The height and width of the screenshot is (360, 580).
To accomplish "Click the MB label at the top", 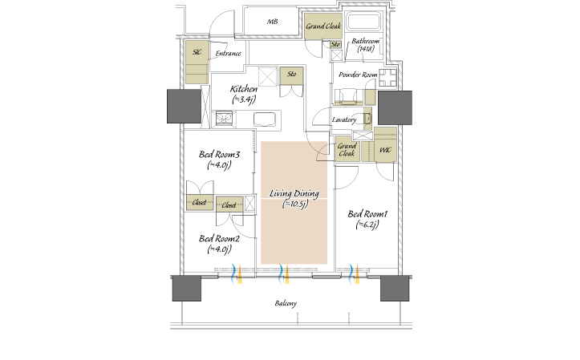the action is click(x=272, y=22).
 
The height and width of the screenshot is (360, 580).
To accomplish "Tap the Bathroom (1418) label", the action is click(x=366, y=45).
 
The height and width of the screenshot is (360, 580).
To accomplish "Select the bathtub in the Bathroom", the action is click(x=363, y=22).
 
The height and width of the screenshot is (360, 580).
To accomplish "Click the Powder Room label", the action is click(x=358, y=75).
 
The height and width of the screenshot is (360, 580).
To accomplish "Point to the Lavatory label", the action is click(x=344, y=119).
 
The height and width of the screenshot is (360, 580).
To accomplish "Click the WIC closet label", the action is click(x=385, y=150).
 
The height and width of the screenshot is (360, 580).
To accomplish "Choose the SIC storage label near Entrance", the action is click(x=197, y=52).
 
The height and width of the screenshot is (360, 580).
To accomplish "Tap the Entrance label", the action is click(x=228, y=54).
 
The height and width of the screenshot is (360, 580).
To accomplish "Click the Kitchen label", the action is click(x=244, y=94).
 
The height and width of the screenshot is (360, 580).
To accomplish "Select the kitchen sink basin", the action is click(x=265, y=119).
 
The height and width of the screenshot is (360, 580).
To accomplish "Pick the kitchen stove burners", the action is click(x=224, y=119).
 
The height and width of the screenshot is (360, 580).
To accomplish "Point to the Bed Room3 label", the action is click(x=219, y=160).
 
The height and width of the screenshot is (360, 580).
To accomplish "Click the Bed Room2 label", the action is click(x=219, y=244).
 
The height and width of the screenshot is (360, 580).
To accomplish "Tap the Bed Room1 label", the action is click(x=367, y=219).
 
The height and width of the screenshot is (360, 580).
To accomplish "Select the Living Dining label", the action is click(x=294, y=199).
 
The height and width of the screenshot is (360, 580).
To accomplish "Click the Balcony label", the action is click(x=286, y=304).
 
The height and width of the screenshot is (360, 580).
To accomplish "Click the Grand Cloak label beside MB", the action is click(x=323, y=26).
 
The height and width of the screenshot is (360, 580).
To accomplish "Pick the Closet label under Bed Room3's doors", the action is click(x=199, y=203).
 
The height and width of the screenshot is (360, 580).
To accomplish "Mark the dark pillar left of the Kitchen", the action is click(x=184, y=106).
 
